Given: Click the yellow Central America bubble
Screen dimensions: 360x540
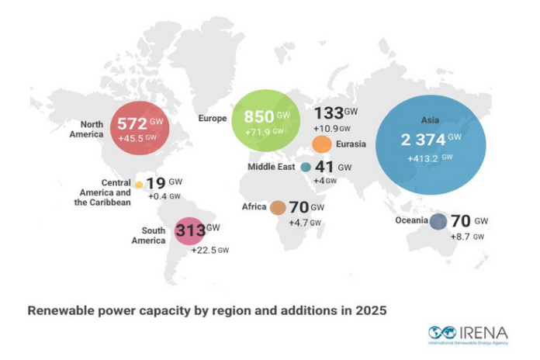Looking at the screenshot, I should click(x=139, y=185).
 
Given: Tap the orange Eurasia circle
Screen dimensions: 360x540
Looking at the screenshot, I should click(x=321, y=144).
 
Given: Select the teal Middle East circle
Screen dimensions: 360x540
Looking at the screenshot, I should click(x=306, y=167).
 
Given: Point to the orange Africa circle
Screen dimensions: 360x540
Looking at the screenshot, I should click(x=278, y=207).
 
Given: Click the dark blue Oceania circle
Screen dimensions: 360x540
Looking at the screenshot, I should click(x=438, y=222).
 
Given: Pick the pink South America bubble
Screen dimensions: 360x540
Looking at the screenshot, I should click(x=188, y=230).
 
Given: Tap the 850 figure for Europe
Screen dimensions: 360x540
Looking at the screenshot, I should click(x=258, y=117).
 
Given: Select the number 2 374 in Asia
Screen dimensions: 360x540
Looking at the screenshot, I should click(x=422, y=140).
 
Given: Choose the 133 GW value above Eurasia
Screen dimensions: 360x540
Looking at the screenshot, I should click(x=328, y=113).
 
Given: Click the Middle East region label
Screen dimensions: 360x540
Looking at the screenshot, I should click(x=272, y=167).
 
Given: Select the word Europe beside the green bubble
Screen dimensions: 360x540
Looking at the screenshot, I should click(x=212, y=119).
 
